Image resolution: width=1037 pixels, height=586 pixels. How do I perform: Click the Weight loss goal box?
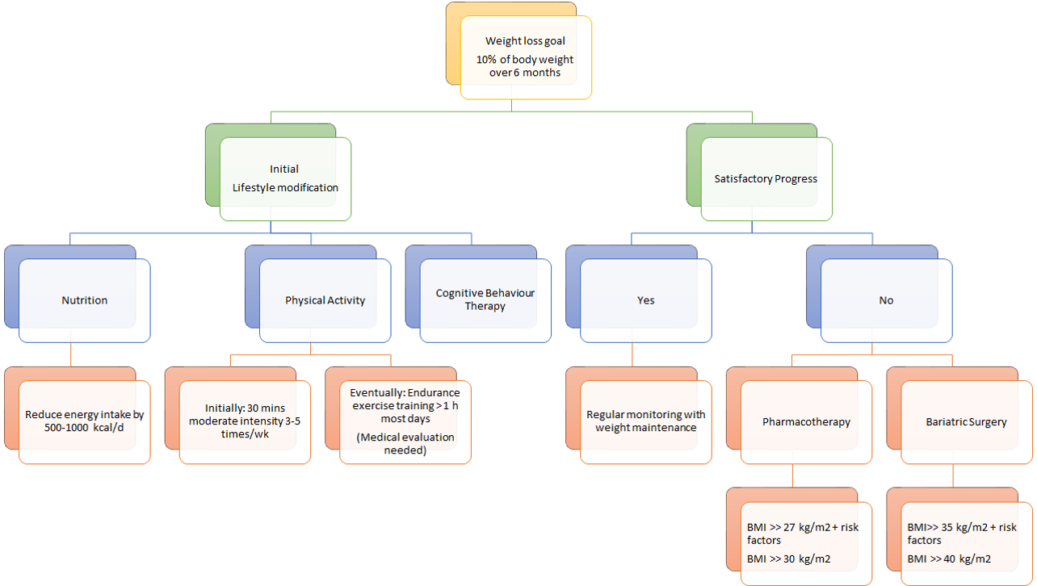coord(526,57)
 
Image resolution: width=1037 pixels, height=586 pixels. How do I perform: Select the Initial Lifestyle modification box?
coord(285,178)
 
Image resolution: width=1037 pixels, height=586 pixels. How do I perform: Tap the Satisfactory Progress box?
coord(766,178)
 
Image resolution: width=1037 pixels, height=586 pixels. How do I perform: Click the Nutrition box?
coord(85,300)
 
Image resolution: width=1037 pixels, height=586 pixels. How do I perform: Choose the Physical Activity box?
coord(325,300)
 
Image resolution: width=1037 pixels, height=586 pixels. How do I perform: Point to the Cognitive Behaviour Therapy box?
coord(485,299)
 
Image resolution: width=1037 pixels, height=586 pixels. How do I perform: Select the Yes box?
coord(645,300)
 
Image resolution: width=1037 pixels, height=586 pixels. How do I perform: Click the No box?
coord(886,300)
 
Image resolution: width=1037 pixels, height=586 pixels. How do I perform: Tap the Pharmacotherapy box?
coord(806,421)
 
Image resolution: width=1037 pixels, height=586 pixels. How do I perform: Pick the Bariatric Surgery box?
coord(966,421)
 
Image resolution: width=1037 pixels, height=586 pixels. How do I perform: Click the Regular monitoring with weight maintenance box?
coord(645,421)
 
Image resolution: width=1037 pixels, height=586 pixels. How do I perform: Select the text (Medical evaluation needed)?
coord(405,444)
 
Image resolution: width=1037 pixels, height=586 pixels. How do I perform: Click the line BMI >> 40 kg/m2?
coord(949,559)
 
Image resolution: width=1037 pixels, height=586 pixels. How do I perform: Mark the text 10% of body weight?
coord(525,60)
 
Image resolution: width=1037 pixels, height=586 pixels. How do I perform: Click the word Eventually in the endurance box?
coord(374,392)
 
